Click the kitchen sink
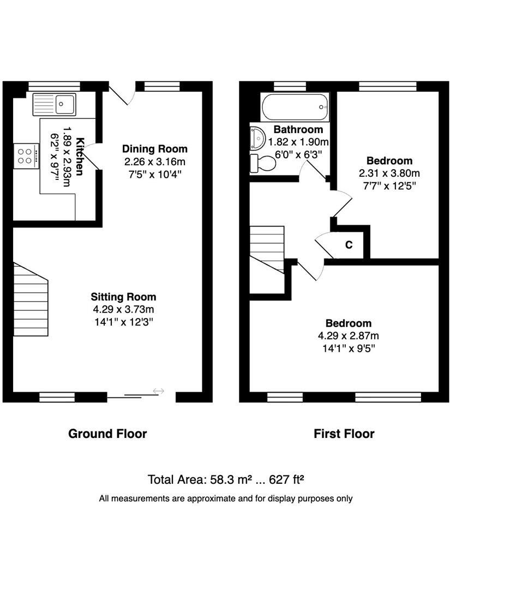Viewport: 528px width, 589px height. [x=55, y=104]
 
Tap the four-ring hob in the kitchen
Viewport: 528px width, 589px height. [x=26, y=154]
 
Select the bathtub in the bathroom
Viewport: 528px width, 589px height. [x=295, y=107]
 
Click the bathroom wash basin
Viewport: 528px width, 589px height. [x=256, y=137]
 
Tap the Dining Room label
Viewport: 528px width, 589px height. [x=154, y=149]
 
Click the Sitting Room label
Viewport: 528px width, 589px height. [x=123, y=297]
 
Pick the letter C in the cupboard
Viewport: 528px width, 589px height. [x=349, y=245]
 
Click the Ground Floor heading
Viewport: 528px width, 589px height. [x=107, y=434]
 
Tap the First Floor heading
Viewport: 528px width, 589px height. [x=344, y=434]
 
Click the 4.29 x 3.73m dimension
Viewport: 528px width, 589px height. [x=123, y=309]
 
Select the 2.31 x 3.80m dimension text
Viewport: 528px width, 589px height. [x=389, y=173]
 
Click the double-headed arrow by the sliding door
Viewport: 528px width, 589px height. [x=158, y=390]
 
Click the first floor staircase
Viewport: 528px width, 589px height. [x=267, y=248]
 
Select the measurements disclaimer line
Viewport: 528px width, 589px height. [x=225, y=498]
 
